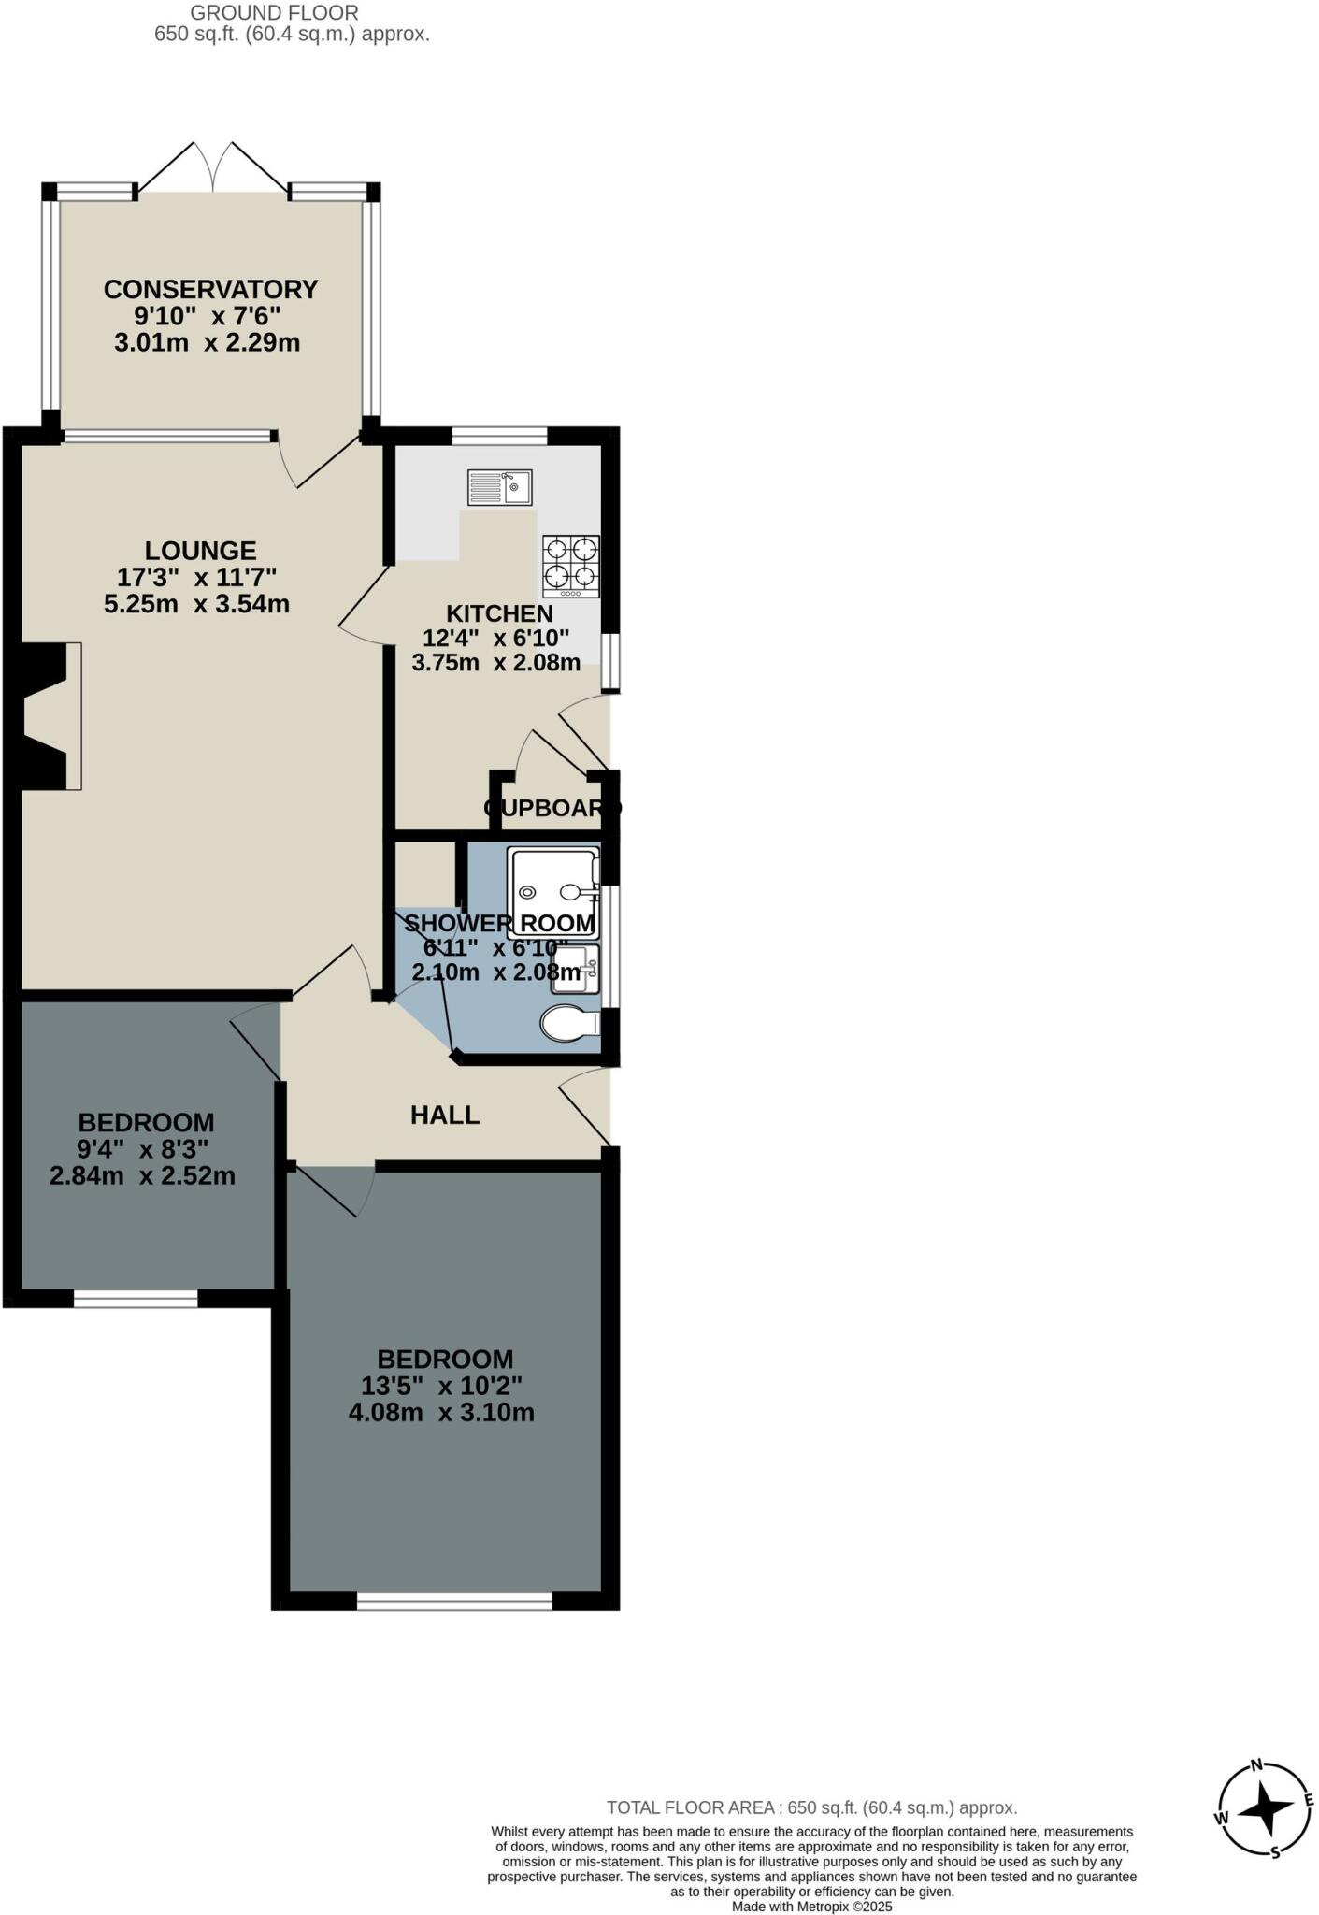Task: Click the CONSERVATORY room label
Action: click(x=210, y=289)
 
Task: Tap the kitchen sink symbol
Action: click(x=500, y=487)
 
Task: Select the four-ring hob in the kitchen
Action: click(x=571, y=566)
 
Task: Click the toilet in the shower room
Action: click(x=569, y=1022)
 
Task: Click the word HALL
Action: click(x=445, y=1115)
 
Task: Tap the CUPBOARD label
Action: click(x=552, y=808)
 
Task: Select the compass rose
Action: click(x=1264, y=1809)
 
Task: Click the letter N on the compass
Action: click(x=1257, y=1765)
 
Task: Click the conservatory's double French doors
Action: click(x=213, y=168)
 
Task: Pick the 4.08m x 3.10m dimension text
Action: click(x=441, y=1412)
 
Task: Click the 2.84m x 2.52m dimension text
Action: click(x=142, y=1175)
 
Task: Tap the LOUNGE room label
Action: click(x=200, y=551)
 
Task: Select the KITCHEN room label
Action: click(x=499, y=613)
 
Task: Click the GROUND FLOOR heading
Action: click(x=274, y=13)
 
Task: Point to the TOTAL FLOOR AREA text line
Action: click(x=811, y=1807)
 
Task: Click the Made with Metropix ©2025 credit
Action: click(x=811, y=1906)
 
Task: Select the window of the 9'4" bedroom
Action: click(x=136, y=1298)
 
